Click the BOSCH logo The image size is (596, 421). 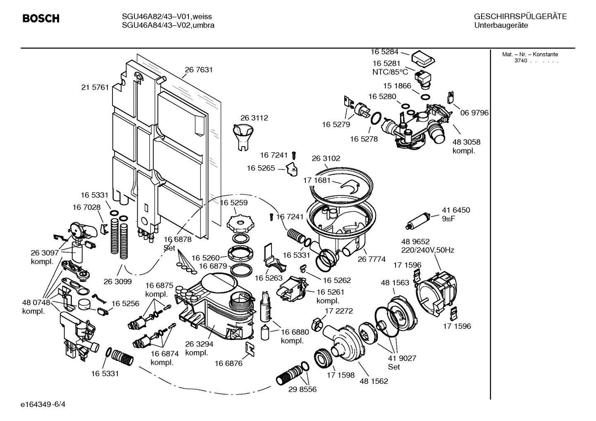coord(41,19)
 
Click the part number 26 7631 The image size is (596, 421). coord(199,70)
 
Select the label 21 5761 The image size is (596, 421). coord(95,87)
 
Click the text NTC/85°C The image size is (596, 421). coord(390,72)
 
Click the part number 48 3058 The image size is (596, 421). coord(466,142)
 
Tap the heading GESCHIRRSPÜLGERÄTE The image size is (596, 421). coord(520,17)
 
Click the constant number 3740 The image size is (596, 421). coord(521,61)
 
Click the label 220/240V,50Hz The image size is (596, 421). coord(427,250)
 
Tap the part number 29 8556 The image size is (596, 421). coord(303,390)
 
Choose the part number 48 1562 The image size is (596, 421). coord(374,381)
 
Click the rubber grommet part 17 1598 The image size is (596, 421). coord(324,358)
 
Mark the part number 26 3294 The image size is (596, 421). coord(199,343)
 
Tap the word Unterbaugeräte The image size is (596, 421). coord(501,26)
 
